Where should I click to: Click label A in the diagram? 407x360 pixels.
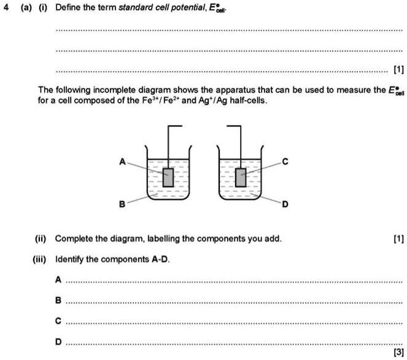coord(122,162)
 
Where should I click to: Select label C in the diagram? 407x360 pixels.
coord(284,162)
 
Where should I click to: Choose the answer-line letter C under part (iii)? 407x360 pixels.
coord(58,321)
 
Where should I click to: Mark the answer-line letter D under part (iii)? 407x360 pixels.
coord(58,342)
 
